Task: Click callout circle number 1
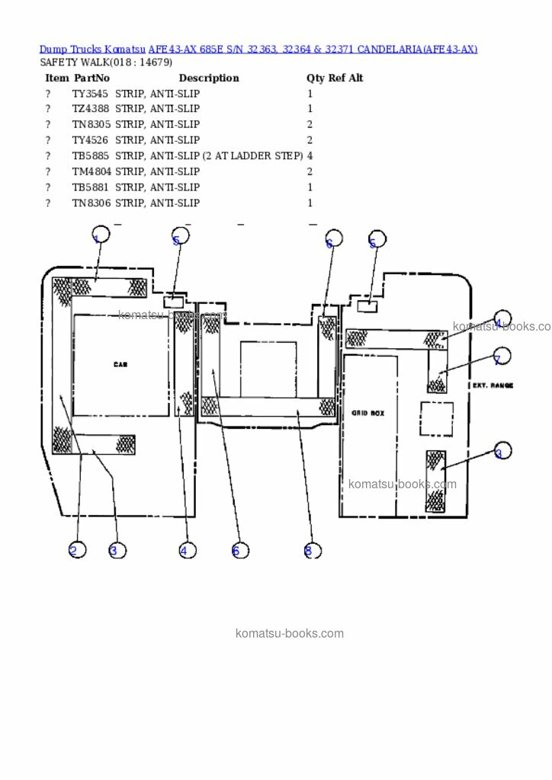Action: pos(100,235)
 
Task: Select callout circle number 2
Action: pos(77,550)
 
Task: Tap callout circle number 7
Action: pos(501,356)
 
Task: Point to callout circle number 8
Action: pos(312,550)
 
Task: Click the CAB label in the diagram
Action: pos(120,365)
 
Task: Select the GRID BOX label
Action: pos(367,413)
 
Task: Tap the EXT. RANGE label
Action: pos(492,385)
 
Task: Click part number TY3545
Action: pos(90,94)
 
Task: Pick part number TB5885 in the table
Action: pos(90,156)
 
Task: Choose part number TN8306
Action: pos(90,203)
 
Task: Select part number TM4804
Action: pos(91,172)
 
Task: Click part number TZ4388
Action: pos(90,109)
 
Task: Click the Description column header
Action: pos(208,78)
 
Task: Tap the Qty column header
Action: pos(315,78)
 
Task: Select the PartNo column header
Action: pos(91,78)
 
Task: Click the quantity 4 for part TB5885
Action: pos(310,156)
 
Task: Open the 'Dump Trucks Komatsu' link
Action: pos(92,49)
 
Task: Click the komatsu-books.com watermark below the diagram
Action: pos(290,633)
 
